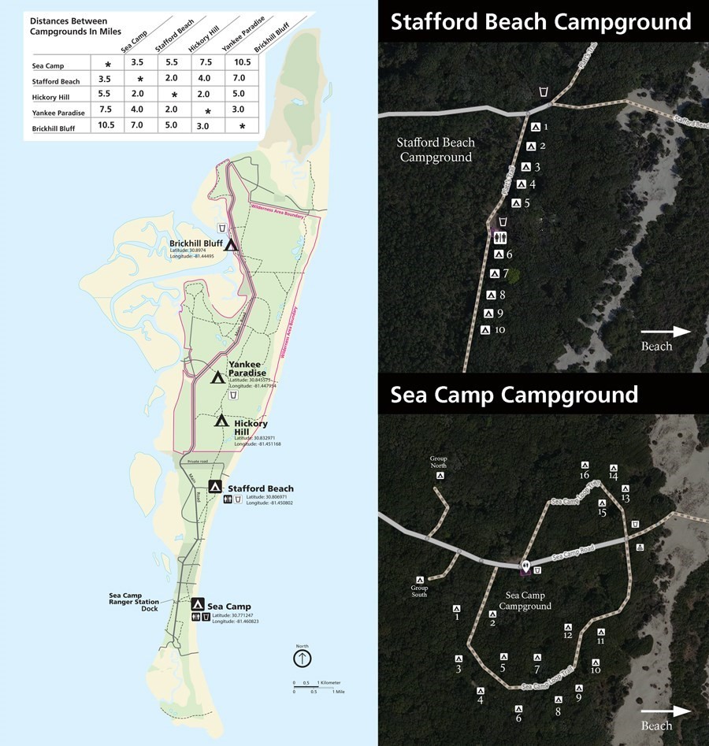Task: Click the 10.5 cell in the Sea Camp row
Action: (242, 62)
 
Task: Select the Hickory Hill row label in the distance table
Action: (52, 97)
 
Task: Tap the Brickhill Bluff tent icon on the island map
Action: (232, 244)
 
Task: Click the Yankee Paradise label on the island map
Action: (247, 368)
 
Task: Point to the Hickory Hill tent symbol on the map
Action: (221, 421)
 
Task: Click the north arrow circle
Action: (303, 658)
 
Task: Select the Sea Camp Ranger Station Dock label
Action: (134, 602)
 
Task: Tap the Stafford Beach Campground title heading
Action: (540, 21)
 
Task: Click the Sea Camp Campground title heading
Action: (514, 394)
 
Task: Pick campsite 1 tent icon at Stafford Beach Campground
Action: (535, 127)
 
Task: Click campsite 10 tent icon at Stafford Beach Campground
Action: (485, 330)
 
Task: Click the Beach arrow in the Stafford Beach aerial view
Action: (666, 332)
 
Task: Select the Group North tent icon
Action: (441, 475)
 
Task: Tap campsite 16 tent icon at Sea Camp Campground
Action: (585, 465)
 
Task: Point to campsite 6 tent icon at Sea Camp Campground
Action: (518, 707)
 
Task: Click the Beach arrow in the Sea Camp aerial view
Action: (666, 711)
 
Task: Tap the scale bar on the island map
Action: (314, 686)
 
